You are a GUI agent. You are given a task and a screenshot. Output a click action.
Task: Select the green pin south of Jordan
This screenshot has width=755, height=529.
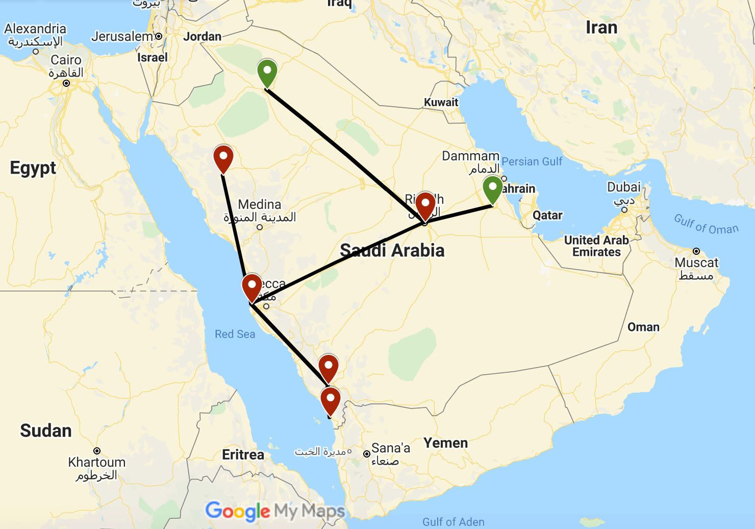(267, 72)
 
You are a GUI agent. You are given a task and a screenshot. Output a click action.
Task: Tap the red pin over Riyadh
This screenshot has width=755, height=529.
(425, 205)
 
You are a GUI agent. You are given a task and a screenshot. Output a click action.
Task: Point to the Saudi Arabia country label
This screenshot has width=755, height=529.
(392, 250)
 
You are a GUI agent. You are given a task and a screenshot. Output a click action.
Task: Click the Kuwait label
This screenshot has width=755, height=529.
(441, 102)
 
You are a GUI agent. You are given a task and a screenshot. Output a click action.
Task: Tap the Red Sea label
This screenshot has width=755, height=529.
(235, 334)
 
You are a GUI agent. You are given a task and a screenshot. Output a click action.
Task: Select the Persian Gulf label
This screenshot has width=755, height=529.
(532, 161)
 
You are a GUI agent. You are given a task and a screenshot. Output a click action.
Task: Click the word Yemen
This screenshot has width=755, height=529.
(445, 443)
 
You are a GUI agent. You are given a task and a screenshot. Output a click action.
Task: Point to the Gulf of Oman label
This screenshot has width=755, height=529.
(706, 225)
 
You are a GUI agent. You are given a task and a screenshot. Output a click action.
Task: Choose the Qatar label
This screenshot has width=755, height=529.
(547, 215)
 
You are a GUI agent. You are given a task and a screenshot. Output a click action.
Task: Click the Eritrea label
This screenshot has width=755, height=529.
(243, 454)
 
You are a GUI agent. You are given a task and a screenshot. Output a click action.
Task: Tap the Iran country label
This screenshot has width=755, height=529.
(601, 28)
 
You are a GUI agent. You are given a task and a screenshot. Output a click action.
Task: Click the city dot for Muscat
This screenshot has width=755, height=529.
(696, 251)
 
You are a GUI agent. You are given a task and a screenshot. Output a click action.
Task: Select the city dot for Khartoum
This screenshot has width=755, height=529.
(97, 451)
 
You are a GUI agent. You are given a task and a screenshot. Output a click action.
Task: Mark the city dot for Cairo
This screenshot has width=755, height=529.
(66, 83)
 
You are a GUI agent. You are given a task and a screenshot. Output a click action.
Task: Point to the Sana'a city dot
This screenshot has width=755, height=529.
(366, 454)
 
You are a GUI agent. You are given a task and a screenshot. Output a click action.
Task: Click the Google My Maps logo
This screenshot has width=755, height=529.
(274, 511)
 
